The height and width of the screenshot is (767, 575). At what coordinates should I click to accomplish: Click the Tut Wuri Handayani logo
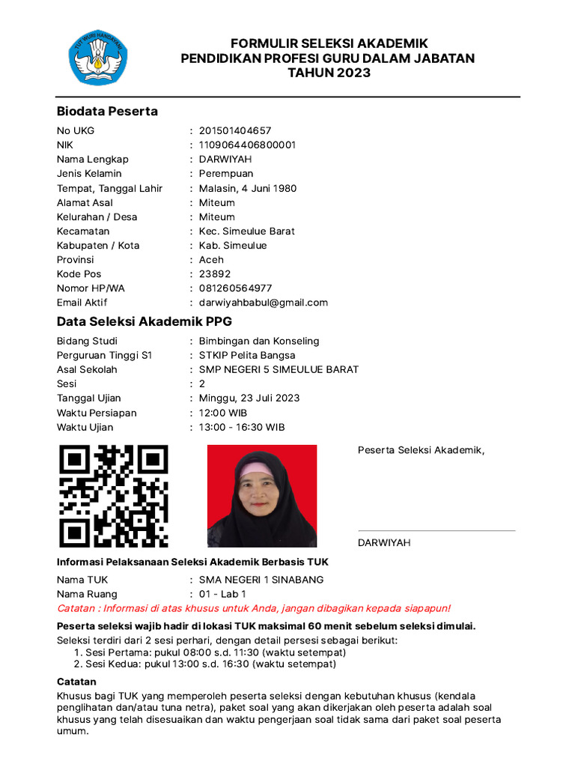tap(99, 57)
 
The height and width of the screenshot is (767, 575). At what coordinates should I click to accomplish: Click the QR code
tap(114, 497)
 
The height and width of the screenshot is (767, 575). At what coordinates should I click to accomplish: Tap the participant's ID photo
tap(262, 496)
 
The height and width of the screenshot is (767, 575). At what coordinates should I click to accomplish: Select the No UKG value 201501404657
tap(235, 130)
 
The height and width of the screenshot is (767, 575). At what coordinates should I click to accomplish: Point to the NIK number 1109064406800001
tap(247, 145)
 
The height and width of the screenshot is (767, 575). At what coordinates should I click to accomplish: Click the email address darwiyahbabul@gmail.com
tap(264, 303)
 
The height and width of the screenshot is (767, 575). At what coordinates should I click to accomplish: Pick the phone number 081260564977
tap(235, 288)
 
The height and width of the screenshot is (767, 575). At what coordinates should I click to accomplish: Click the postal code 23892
tap(215, 274)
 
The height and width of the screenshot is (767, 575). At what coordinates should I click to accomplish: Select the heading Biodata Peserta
tap(107, 111)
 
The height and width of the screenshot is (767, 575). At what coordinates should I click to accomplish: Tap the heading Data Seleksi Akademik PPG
tap(144, 322)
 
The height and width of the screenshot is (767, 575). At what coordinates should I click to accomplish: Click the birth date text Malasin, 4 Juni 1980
tap(248, 188)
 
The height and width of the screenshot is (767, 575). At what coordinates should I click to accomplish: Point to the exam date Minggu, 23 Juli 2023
tap(249, 398)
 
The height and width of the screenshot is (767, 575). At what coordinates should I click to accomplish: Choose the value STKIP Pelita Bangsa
tap(247, 355)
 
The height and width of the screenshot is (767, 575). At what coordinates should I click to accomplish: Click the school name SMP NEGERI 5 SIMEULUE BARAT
tap(279, 369)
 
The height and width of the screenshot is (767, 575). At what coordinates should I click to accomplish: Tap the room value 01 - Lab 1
tap(222, 594)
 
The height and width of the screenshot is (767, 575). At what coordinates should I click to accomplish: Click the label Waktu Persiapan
tap(97, 413)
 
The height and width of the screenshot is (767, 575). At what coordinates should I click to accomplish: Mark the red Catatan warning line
tap(254, 608)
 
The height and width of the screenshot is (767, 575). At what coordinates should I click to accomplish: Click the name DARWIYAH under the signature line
tap(384, 542)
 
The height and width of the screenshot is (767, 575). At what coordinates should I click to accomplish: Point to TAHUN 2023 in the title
tap(329, 73)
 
